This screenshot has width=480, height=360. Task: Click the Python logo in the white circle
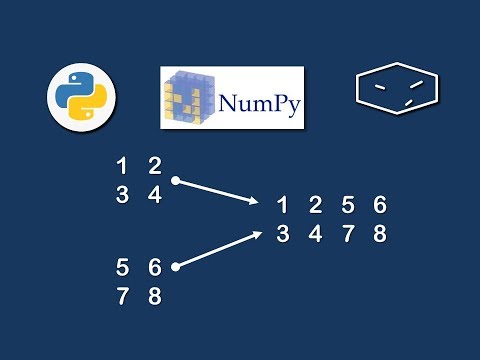(x=82, y=98)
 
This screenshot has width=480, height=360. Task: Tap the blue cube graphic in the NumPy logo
(x=189, y=97)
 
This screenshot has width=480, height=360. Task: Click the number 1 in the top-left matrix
(x=122, y=166)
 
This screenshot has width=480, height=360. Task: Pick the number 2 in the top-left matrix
(x=154, y=166)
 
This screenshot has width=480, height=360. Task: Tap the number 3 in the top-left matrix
(x=122, y=196)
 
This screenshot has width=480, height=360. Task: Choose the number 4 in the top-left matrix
(x=154, y=196)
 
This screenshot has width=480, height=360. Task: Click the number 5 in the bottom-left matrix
(x=122, y=267)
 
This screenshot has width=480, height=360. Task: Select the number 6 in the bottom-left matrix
(x=154, y=267)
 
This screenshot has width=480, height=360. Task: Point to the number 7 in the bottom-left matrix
(x=122, y=297)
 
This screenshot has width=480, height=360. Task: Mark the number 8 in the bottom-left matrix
(x=154, y=297)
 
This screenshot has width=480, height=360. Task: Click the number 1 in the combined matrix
(x=283, y=206)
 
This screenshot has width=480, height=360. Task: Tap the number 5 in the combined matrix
(x=347, y=206)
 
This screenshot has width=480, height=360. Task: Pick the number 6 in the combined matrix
(x=379, y=206)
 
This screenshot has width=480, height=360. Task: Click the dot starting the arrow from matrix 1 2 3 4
(x=176, y=181)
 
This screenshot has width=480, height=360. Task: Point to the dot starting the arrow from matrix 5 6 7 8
(x=176, y=267)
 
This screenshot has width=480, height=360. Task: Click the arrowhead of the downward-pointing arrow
(x=254, y=203)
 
